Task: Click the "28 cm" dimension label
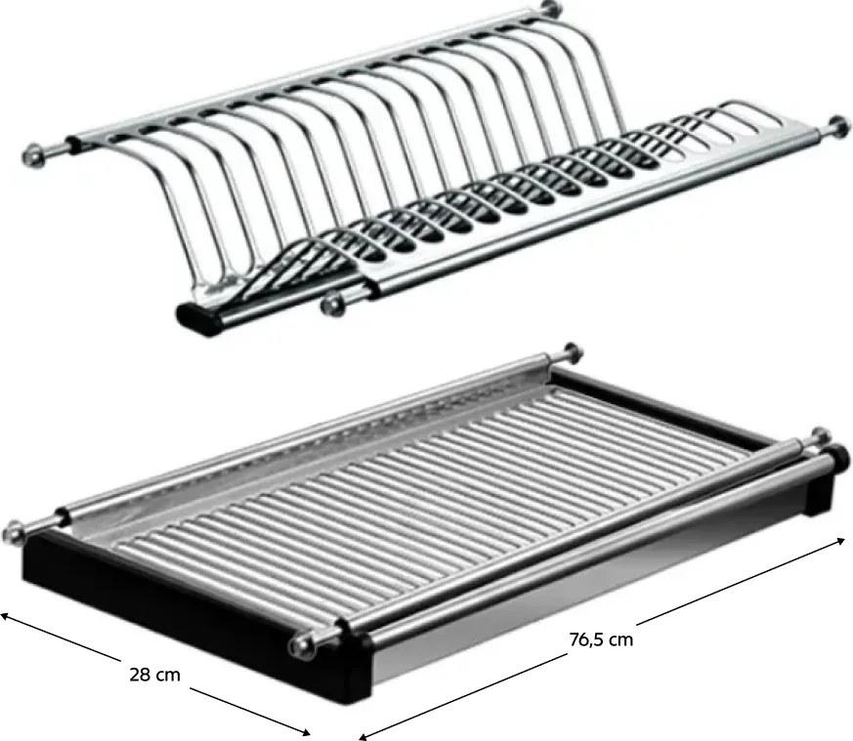pos(154,675)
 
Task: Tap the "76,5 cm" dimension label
pos(601,639)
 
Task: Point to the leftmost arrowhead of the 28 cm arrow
pos(4,616)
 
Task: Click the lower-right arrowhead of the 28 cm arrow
pos(305,732)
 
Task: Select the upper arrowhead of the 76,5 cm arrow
pos(840,542)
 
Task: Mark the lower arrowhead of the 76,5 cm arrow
pos(363,736)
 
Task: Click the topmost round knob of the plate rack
pos(551,8)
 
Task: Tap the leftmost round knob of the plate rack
pos(34,155)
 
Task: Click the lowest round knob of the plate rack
pos(332,304)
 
